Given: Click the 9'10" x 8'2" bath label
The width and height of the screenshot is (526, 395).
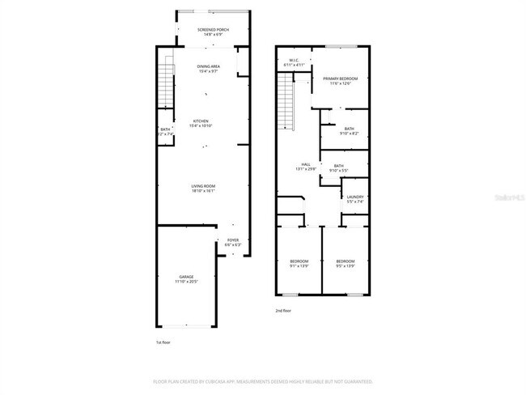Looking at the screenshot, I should [349, 130].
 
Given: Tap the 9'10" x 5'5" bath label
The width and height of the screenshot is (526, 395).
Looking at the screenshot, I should [338, 168].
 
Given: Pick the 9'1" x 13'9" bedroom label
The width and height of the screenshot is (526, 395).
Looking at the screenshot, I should [299, 263].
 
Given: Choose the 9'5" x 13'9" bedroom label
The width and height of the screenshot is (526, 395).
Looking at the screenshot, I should [345, 263].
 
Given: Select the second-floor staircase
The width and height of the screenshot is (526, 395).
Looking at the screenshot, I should [286, 100].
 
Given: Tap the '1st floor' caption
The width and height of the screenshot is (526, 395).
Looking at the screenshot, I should [163, 342].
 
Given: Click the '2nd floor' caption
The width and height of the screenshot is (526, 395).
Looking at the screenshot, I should [283, 310].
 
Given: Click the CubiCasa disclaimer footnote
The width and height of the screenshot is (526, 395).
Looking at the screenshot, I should [263, 380].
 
